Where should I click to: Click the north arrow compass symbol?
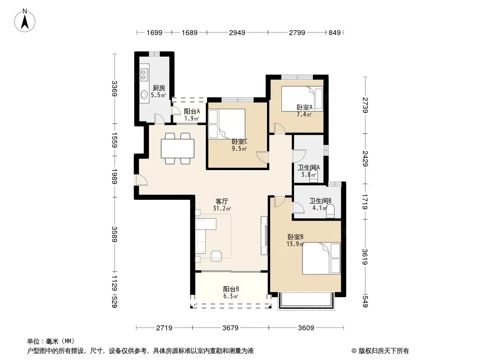coord(25,20)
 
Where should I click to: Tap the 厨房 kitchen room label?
coord(159,88)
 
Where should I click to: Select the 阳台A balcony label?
coord(192,112)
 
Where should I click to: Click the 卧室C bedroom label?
coord(240,142)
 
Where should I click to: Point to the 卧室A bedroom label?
coord(304,108)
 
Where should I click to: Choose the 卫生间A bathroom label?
coord(308,167)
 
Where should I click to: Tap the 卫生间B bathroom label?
coord(320,201)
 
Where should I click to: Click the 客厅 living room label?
coord(222,202)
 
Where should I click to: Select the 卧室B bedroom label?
coord(295,237)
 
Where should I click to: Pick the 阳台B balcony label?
coord(231,289)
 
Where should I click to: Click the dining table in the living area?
coord(178,148)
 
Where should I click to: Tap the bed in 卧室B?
coord(322,258)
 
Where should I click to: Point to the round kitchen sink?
coord(144,94)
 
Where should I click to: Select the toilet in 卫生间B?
coord(331,211)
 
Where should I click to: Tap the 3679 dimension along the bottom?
coord(231,328)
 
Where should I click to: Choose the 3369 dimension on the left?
coord(114,88)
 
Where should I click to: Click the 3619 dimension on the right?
coord(365,257)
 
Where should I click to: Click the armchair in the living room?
coord(217,256)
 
